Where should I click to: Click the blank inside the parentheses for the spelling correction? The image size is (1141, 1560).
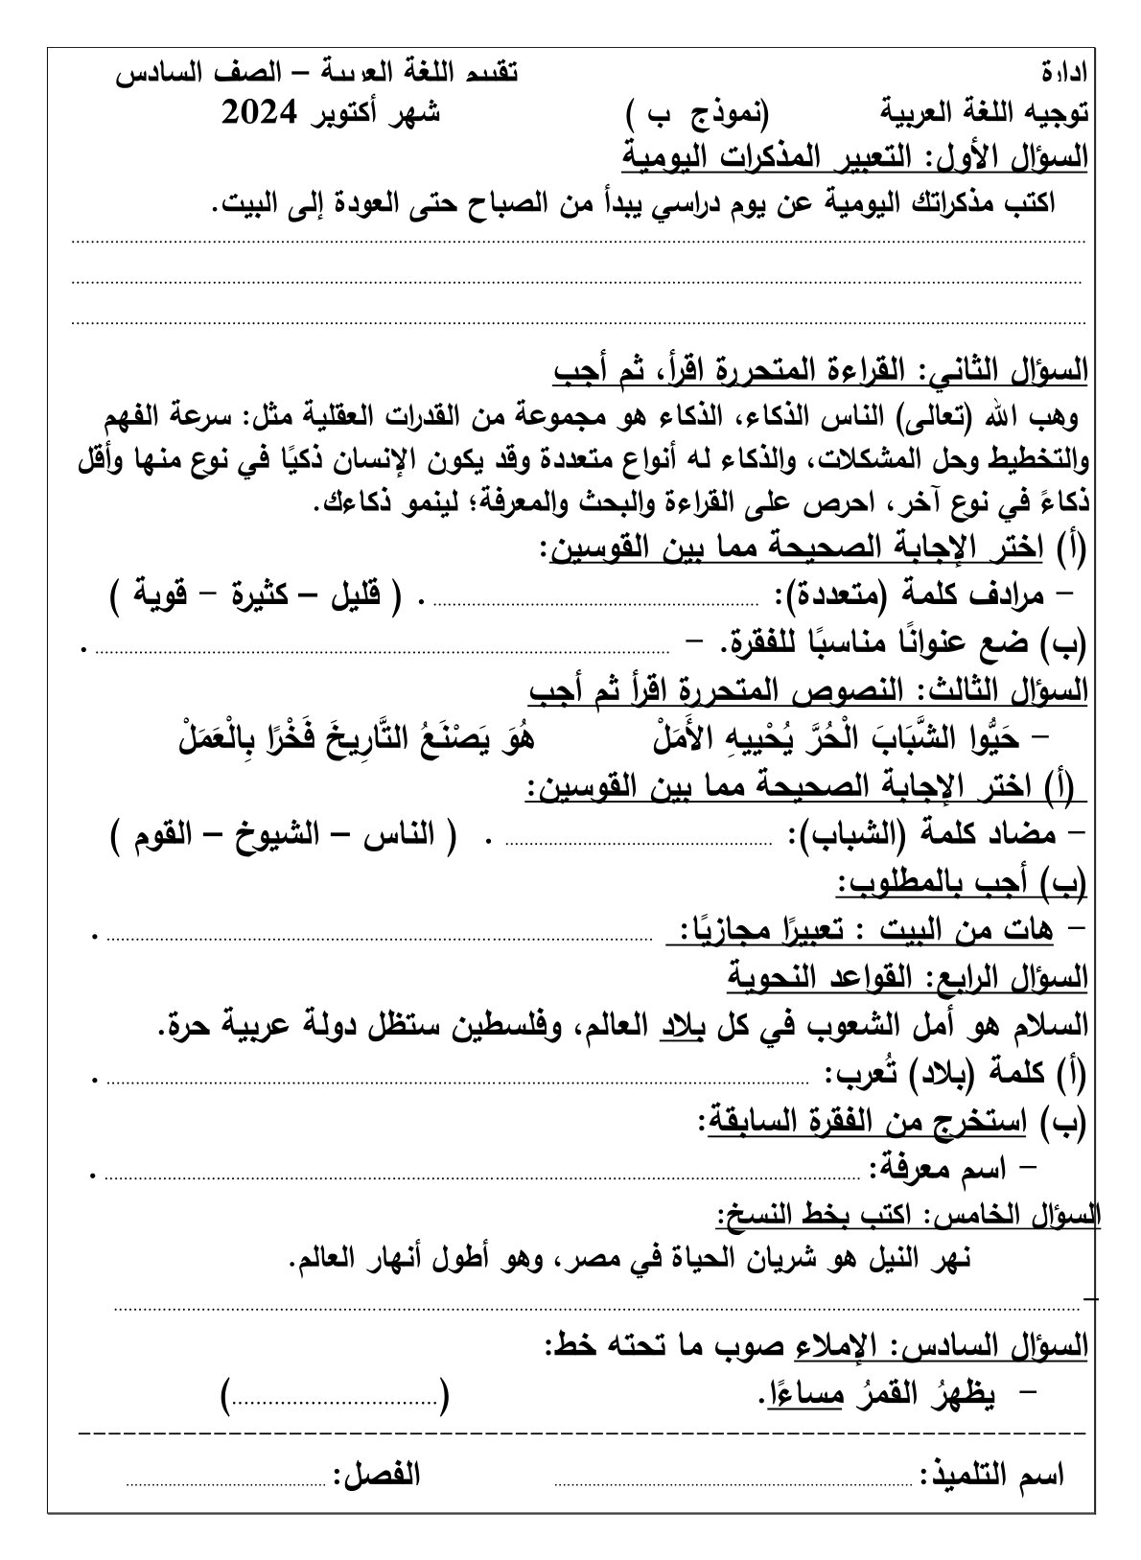click(336, 1399)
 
